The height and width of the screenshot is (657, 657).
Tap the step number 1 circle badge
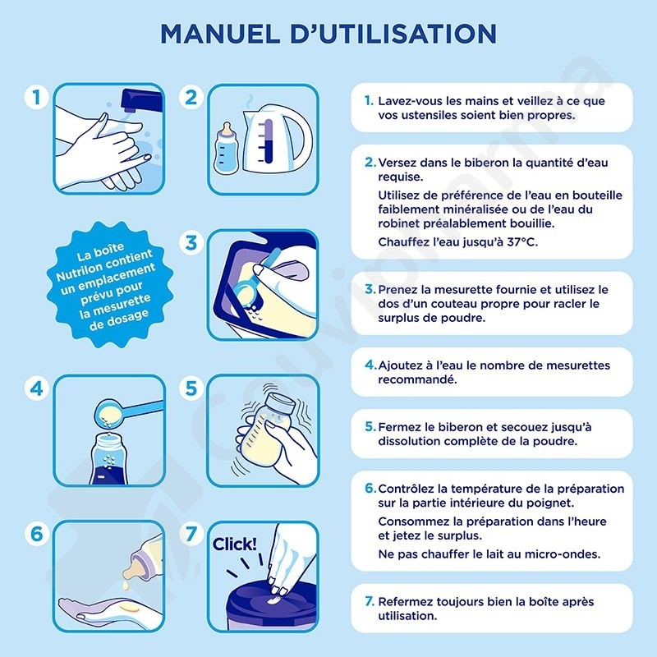pos(36,97)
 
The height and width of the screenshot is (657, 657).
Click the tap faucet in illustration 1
pos(140,100)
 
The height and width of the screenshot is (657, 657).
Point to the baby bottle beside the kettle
pos(227,149)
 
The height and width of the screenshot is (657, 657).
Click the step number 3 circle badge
pos(191,242)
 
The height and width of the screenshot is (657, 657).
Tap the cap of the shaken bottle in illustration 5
pos(281,404)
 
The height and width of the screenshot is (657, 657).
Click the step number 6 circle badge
pos(36,533)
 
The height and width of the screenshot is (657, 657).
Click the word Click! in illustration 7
pos(234,544)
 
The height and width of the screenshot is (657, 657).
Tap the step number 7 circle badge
pos(191,533)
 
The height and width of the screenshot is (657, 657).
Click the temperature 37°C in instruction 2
pos(521,242)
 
